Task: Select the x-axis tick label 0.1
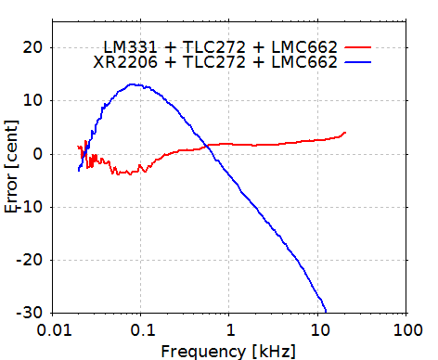141,330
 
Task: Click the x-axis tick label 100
406,330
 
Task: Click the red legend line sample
357,45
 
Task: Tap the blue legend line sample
357,61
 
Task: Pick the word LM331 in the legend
126,45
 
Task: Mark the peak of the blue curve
135,84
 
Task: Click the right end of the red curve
345,133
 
